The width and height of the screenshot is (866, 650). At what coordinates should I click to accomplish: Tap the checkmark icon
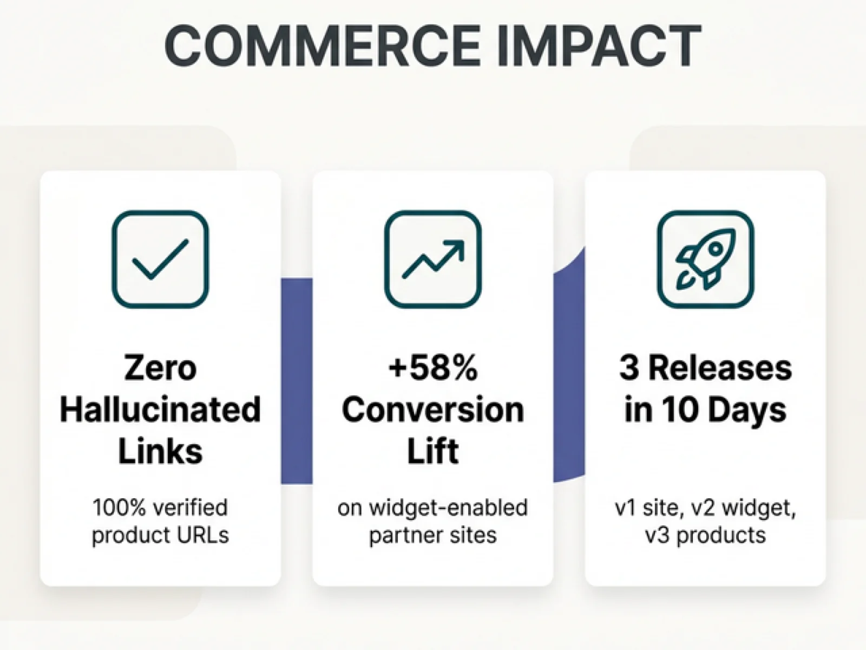point(160,259)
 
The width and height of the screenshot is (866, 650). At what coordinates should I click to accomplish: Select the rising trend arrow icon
point(433,259)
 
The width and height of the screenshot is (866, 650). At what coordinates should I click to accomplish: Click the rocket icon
point(705,259)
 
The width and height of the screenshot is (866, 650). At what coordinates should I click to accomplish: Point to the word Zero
point(160,367)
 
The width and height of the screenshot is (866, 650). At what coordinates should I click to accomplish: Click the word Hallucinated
point(160,409)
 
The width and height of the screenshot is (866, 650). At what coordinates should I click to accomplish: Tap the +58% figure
point(433,367)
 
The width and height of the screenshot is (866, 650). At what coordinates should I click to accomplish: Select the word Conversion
point(433,409)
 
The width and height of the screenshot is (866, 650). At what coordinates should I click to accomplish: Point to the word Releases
point(720,367)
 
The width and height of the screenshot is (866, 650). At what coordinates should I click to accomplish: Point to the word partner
point(408,536)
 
